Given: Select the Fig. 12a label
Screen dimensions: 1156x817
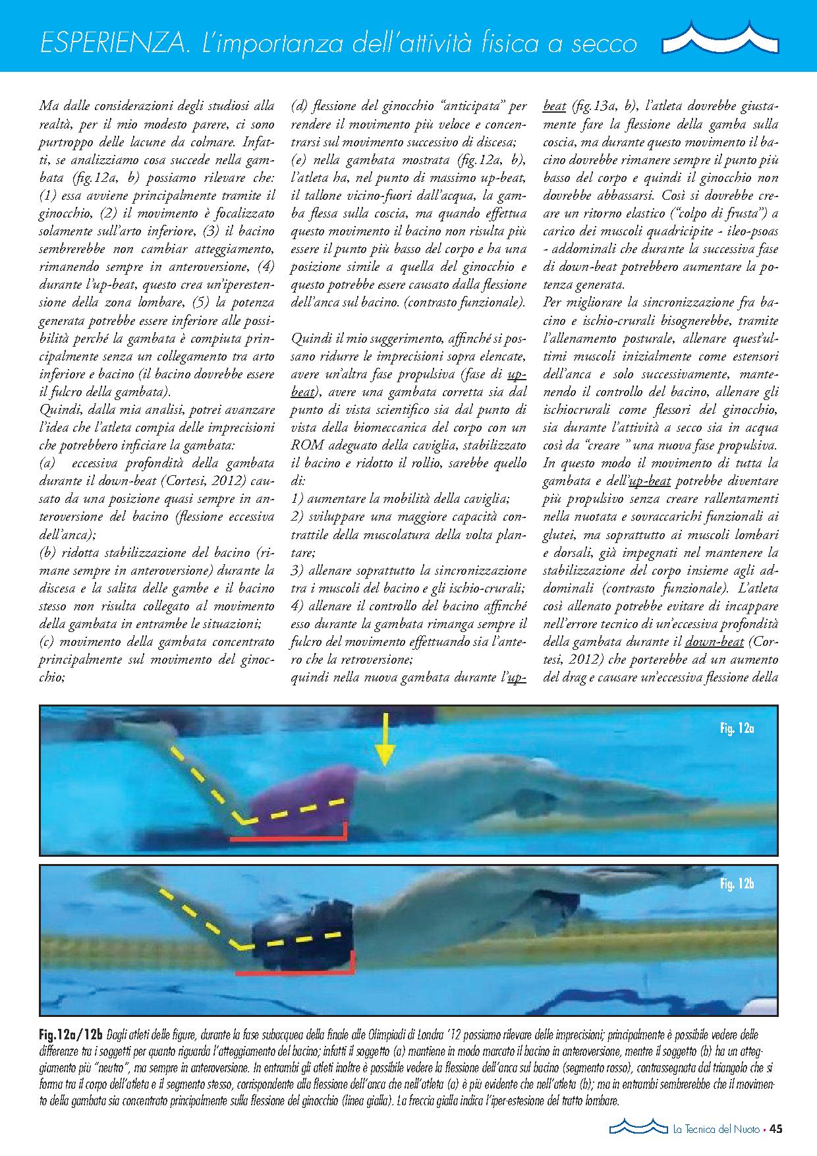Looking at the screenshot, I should click(x=737, y=728).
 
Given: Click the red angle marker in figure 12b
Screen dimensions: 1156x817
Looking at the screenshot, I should click(x=296, y=971).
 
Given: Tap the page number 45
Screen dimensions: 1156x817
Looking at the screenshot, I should click(x=775, y=1130).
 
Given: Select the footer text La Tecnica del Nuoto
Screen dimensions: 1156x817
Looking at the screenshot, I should click(x=716, y=1130).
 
